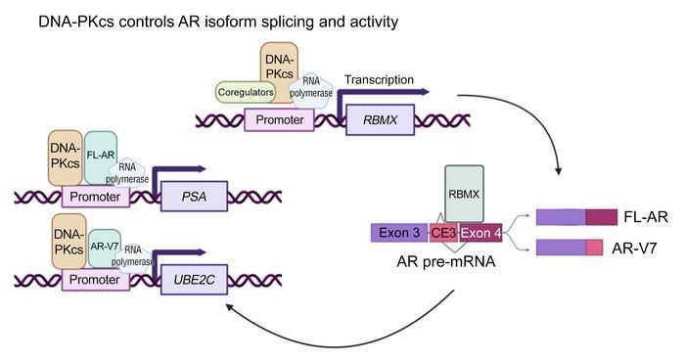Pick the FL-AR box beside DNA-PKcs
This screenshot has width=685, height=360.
(x=102, y=153)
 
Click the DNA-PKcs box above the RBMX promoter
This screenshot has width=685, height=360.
(x=280, y=67)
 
